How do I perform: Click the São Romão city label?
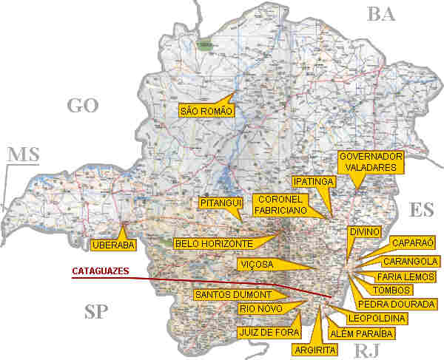pyautogui.click(x=206, y=111)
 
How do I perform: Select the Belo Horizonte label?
pyautogui.click(x=214, y=242)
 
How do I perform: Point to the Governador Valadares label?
pyautogui.click(x=370, y=162)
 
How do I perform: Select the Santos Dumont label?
pyautogui.click(x=228, y=294)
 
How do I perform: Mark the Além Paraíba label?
pyautogui.click(x=363, y=333)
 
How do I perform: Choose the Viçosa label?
pyautogui.click(x=257, y=264)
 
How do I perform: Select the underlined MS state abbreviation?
pyautogui.click(x=23, y=154)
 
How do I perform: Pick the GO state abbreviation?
pyautogui.click(x=82, y=106)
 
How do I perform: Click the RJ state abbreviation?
pyautogui.click(x=367, y=350)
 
